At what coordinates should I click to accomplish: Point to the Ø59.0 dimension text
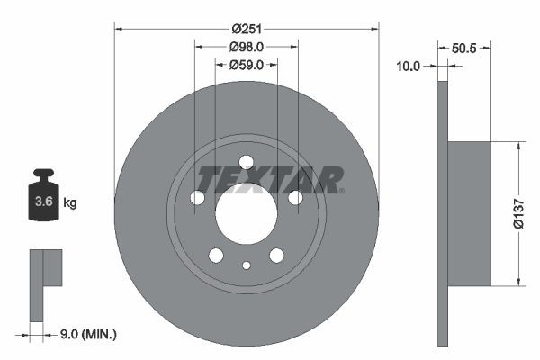coord(247,65)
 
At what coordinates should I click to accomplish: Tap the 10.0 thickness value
coord(409,65)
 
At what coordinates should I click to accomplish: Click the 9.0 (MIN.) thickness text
coord(86,334)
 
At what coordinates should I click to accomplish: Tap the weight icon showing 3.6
coord(43,195)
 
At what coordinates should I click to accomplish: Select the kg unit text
coord(70,203)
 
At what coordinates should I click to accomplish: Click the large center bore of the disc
coord(247,217)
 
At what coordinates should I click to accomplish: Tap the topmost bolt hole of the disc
coord(247,162)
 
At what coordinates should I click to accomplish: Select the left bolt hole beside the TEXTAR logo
coord(197,198)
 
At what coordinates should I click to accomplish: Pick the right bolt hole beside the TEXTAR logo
coord(295,198)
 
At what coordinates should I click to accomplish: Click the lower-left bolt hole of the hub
coord(216,256)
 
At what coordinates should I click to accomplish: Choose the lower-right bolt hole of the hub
coord(276,256)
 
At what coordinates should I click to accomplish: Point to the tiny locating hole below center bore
coord(247,265)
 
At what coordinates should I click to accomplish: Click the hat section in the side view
coord(469,214)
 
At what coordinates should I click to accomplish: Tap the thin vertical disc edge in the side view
coord(442,213)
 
